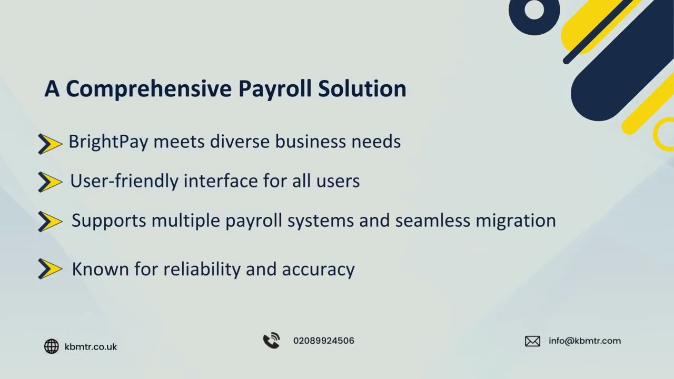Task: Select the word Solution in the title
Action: click(362, 89)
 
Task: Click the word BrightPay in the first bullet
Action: click(108, 142)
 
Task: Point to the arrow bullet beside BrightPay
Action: click(50, 144)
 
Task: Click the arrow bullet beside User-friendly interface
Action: click(50, 182)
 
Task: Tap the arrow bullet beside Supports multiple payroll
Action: click(50, 222)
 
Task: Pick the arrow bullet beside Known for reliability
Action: click(50, 269)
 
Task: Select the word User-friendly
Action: click(124, 181)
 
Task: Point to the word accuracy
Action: click(318, 270)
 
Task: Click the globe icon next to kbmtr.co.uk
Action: click(52, 346)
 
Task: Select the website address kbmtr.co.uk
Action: click(91, 347)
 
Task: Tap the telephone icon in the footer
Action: click(272, 341)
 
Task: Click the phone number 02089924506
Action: click(323, 341)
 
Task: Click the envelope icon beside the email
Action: click(532, 341)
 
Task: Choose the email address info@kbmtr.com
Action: click(584, 341)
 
